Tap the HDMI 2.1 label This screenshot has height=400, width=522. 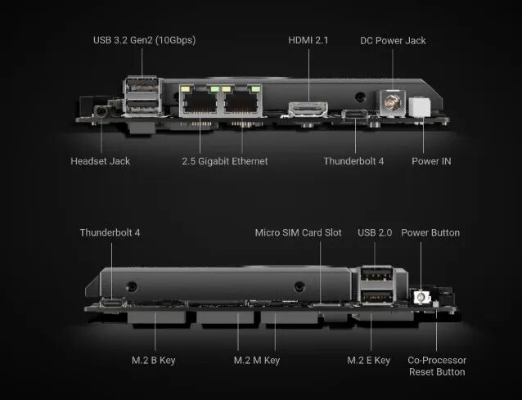(x=308, y=40)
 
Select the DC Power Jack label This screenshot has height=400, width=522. (x=394, y=40)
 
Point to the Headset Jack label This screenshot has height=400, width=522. (x=100, y=161)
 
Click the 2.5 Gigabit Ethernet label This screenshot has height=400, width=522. (x=224, y=161)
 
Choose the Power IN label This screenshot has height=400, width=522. (x=431, y=161)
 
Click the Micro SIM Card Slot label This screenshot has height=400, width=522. (x=299, y=232)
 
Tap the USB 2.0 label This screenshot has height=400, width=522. (x=375, y=232)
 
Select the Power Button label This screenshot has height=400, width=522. (x=430, y=232)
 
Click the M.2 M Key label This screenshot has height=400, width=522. (x=257, y=360)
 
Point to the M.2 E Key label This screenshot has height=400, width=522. (x=368, y=360)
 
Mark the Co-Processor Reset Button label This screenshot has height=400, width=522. (x=438, y=366)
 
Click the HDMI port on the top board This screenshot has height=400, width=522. (x=308, y=108)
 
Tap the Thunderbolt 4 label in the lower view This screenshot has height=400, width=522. (x=110, y=232)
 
